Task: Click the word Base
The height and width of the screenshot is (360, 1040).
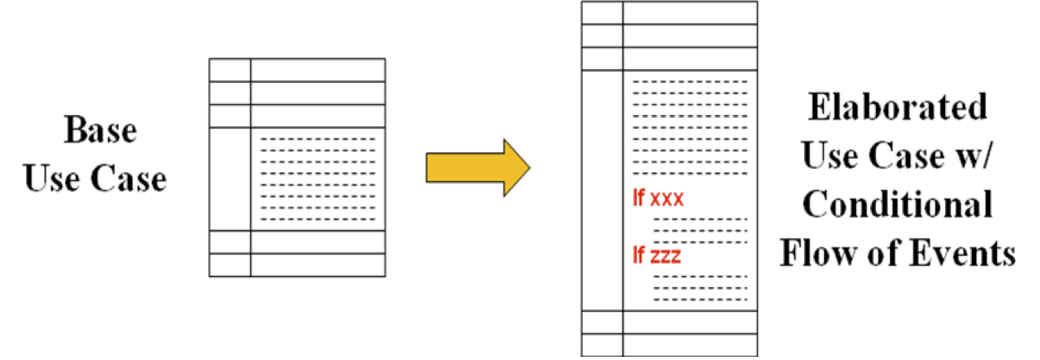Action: [x=100, y=131]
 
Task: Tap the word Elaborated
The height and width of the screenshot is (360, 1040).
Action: [x=898, y=108]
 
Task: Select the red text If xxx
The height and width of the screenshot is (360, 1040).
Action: [x=657, y=201]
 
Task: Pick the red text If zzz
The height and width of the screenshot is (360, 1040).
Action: [x=656, y=256]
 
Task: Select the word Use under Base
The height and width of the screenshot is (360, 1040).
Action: [x=50, y=181]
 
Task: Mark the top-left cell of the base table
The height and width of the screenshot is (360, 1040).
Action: [x=230, y=70]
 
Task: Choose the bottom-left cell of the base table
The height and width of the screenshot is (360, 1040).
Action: [x=230, y=264]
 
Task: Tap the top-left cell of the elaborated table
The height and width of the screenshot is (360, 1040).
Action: [x=602, y=13]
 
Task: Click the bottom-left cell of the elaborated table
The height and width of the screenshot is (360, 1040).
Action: [x=602, y=345]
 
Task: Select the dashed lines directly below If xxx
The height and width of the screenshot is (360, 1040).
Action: [x=700, y=230]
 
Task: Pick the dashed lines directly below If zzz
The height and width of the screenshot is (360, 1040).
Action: [x=700, y=287]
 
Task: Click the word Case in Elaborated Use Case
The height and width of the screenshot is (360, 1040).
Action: [x=898, y=157]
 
